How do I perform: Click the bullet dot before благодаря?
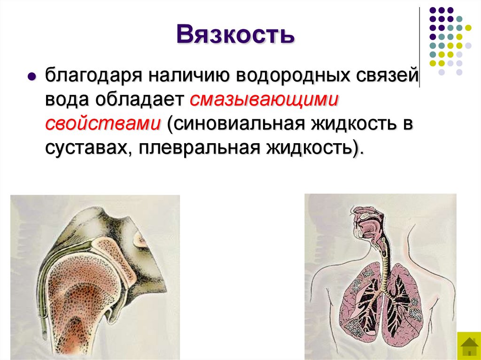click(32, 77)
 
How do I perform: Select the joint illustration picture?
click(95, 277)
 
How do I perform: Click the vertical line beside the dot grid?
click(419, 47)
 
